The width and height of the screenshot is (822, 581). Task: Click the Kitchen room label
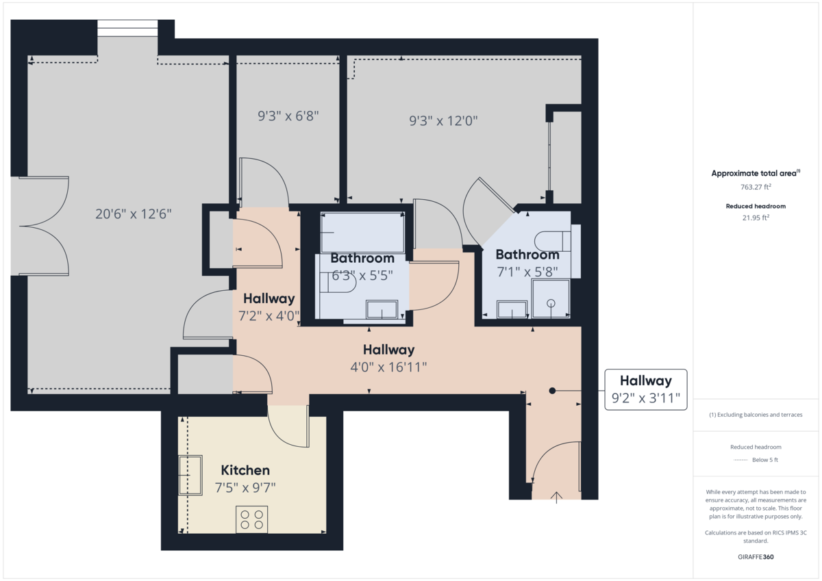(x=245, y=471)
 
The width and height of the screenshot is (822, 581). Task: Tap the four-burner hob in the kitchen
(x=251, y=519)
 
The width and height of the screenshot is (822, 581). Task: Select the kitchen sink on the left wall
(x=190, y=475)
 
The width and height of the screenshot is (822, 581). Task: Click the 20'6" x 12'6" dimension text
(x=133, y=214)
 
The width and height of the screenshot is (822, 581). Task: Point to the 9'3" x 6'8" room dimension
(x=288, y=116)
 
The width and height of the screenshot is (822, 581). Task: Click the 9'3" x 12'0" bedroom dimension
(x=443, y=121)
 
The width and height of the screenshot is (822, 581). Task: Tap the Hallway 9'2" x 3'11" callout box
(x=645, y=390)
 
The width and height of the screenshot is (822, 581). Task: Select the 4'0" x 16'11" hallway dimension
(x=388, y=367)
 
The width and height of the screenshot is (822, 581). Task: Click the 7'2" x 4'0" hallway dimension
(x=269, y=316)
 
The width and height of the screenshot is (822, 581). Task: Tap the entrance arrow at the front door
(x=556, y=497)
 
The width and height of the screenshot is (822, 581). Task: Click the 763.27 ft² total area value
(x=756, y=186)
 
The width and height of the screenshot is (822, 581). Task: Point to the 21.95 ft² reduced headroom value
(x=756, y=218)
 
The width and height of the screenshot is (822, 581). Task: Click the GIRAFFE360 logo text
(x=756, y=557)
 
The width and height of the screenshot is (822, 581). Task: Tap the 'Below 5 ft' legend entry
(x=764, y=460)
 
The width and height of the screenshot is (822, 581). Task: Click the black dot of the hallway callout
(x=552, y=391)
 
